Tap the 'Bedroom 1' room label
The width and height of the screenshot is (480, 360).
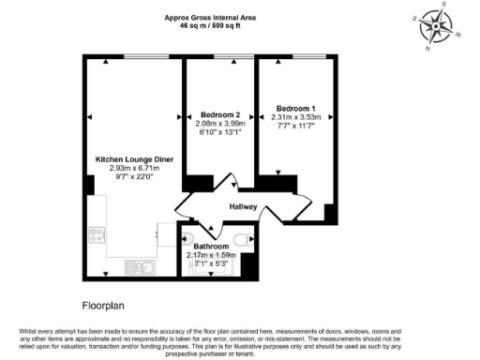coord(295,108)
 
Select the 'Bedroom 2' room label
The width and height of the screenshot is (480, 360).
coord(218,114)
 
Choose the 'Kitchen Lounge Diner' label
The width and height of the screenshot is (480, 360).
coord(135,159)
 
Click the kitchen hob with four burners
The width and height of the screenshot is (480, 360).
coord(97,232)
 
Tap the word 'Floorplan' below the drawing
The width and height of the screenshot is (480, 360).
coord(103,305)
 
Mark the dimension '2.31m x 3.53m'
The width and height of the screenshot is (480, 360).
coord(295,117)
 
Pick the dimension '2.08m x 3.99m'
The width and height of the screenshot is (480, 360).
coord(218,124)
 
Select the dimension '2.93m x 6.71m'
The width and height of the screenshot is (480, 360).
coord(135,169)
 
